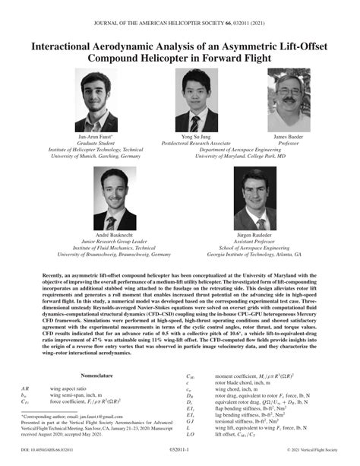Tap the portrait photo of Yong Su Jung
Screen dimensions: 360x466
tap(195, 99)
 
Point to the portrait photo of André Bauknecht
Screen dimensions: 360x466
tap(115, 199)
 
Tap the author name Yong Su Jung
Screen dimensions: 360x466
tap(195, 135)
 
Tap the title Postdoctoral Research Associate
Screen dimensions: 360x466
tap(195, 142)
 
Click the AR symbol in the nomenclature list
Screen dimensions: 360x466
tap(27, 388)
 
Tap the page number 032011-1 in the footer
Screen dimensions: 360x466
tap(180, 461)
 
